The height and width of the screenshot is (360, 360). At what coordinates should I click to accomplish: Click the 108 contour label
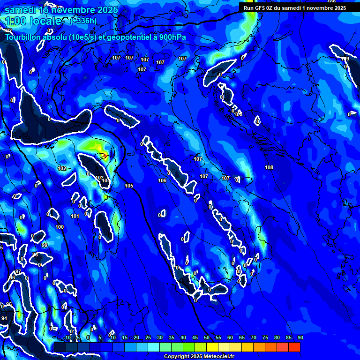[x=269, y=167]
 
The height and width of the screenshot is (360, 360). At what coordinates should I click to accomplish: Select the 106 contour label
[x=162, y=180]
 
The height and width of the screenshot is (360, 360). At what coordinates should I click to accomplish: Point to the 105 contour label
[x=129, y=186]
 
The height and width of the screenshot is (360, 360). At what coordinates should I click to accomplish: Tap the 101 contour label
[x=75, y=216]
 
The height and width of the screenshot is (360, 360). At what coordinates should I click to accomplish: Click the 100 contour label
[x=60, y=227]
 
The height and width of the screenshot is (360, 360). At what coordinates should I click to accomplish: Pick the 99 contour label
[x=45, y=245]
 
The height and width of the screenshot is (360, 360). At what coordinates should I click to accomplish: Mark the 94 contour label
[x=4, y=318]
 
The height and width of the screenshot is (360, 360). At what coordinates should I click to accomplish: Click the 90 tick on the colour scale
[x=300, y=338]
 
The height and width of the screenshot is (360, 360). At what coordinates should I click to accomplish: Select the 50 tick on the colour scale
[x=206, y=338]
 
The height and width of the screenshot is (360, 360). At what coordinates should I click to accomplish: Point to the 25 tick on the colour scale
[x=148, y=338]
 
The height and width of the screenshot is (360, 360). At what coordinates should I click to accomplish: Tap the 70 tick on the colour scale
[x=253, y=338]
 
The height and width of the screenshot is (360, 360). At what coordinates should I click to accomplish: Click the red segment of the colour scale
[x=294, y=347]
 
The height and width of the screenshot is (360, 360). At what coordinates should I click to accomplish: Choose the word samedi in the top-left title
[x=21, y=9]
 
